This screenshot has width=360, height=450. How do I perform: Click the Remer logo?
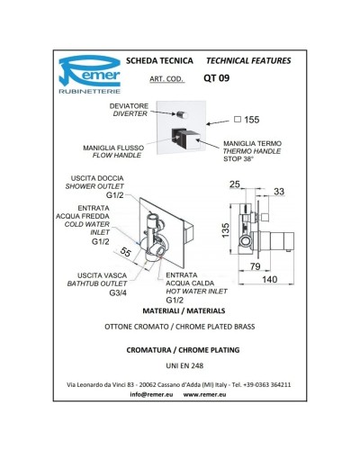coord(90,75)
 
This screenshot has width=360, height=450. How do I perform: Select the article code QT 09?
coord(216,78)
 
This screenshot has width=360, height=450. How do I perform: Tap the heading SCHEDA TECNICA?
coord(159,61)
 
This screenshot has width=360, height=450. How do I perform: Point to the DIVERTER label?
coord(130,113)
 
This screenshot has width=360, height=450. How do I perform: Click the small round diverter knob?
coord(182,115)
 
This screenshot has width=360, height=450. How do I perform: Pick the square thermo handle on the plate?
coord(186,139)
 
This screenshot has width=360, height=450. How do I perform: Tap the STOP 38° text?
coord(238,159)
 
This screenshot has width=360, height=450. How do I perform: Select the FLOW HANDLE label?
coord(117,156)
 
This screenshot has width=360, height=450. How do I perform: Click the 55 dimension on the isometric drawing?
coord(126,252)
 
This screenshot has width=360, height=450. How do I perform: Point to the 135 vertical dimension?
coord(226,230)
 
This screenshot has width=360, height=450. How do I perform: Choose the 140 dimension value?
coord(270,280)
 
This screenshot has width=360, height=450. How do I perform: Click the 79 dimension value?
coord(256,266)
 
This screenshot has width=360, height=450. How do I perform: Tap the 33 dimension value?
coord(279,192)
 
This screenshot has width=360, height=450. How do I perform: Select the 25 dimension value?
coord(235,184)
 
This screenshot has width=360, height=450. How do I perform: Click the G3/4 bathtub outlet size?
coord(118,293)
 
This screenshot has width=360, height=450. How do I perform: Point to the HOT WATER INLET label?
coord(196,292)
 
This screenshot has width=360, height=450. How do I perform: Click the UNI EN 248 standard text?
coord(184,365)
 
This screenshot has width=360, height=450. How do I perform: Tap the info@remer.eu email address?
coord(151,394)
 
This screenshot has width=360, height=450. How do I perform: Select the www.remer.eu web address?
coord(204,394)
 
